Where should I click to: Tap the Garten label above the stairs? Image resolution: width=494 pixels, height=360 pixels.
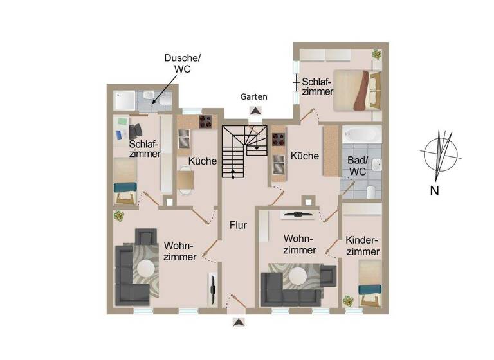[x=253, y=96]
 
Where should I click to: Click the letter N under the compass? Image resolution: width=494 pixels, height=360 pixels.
[x=435, y=190]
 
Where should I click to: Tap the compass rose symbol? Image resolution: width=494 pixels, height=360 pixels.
[x=441, y=154]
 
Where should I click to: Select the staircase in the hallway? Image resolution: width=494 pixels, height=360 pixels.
[x=244, y=151]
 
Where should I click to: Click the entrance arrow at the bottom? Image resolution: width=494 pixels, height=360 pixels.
[x=239, y=322]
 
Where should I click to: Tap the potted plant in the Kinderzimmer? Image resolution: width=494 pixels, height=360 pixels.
[x=348, y=301]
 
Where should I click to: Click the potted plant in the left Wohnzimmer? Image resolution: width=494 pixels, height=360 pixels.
[x=119, y=216]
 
